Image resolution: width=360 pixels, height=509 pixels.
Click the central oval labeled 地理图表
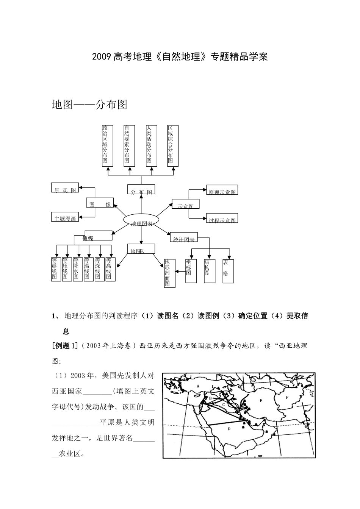point(141,223)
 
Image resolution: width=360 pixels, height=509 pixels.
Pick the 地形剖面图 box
point(169,273)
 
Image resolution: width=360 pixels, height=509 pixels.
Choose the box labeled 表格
point(228,271)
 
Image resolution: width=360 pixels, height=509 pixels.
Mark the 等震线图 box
point(56,269)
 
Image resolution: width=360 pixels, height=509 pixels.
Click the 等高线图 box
point(110,269)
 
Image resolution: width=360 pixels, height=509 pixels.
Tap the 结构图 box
point(210,271)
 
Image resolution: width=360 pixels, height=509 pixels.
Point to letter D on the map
point(229,429)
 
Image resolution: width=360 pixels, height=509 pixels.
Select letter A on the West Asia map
point(198,386)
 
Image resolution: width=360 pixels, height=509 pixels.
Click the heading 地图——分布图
point(89,105)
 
